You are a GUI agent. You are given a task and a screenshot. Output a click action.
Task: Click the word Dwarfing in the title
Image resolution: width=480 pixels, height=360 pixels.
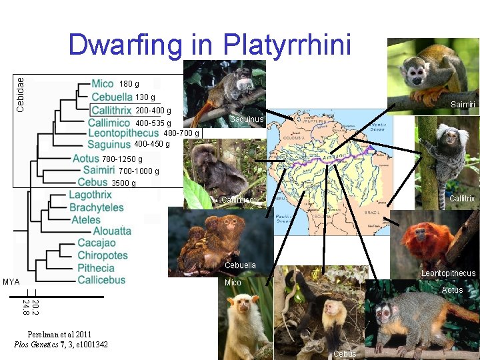point(125,45)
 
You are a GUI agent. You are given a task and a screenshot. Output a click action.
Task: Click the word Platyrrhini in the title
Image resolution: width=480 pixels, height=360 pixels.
point(287,45)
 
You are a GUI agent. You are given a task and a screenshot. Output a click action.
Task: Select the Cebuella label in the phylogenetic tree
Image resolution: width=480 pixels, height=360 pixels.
point(111,97)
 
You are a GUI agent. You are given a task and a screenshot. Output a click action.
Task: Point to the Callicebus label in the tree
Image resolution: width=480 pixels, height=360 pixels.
point(101,279)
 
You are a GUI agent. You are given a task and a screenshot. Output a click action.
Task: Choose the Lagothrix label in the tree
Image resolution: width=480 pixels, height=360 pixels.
point(90,195)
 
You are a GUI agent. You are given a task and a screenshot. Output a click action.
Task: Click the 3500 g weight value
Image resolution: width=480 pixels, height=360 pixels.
point(123,183)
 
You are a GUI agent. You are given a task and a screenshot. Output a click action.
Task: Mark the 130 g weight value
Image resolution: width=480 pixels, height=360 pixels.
point(145,98)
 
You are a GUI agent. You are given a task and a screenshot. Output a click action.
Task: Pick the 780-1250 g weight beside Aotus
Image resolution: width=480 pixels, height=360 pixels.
point(122,159)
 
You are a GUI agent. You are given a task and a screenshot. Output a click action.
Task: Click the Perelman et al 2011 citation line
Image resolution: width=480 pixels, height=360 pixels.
point(59,334)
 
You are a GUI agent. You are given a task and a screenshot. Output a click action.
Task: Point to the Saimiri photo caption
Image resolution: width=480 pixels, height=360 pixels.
point(462,105)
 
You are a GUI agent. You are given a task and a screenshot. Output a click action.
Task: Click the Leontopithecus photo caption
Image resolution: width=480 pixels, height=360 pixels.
point(448,273)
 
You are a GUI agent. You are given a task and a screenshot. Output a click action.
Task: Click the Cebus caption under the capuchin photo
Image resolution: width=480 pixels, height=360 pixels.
point(345,353)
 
